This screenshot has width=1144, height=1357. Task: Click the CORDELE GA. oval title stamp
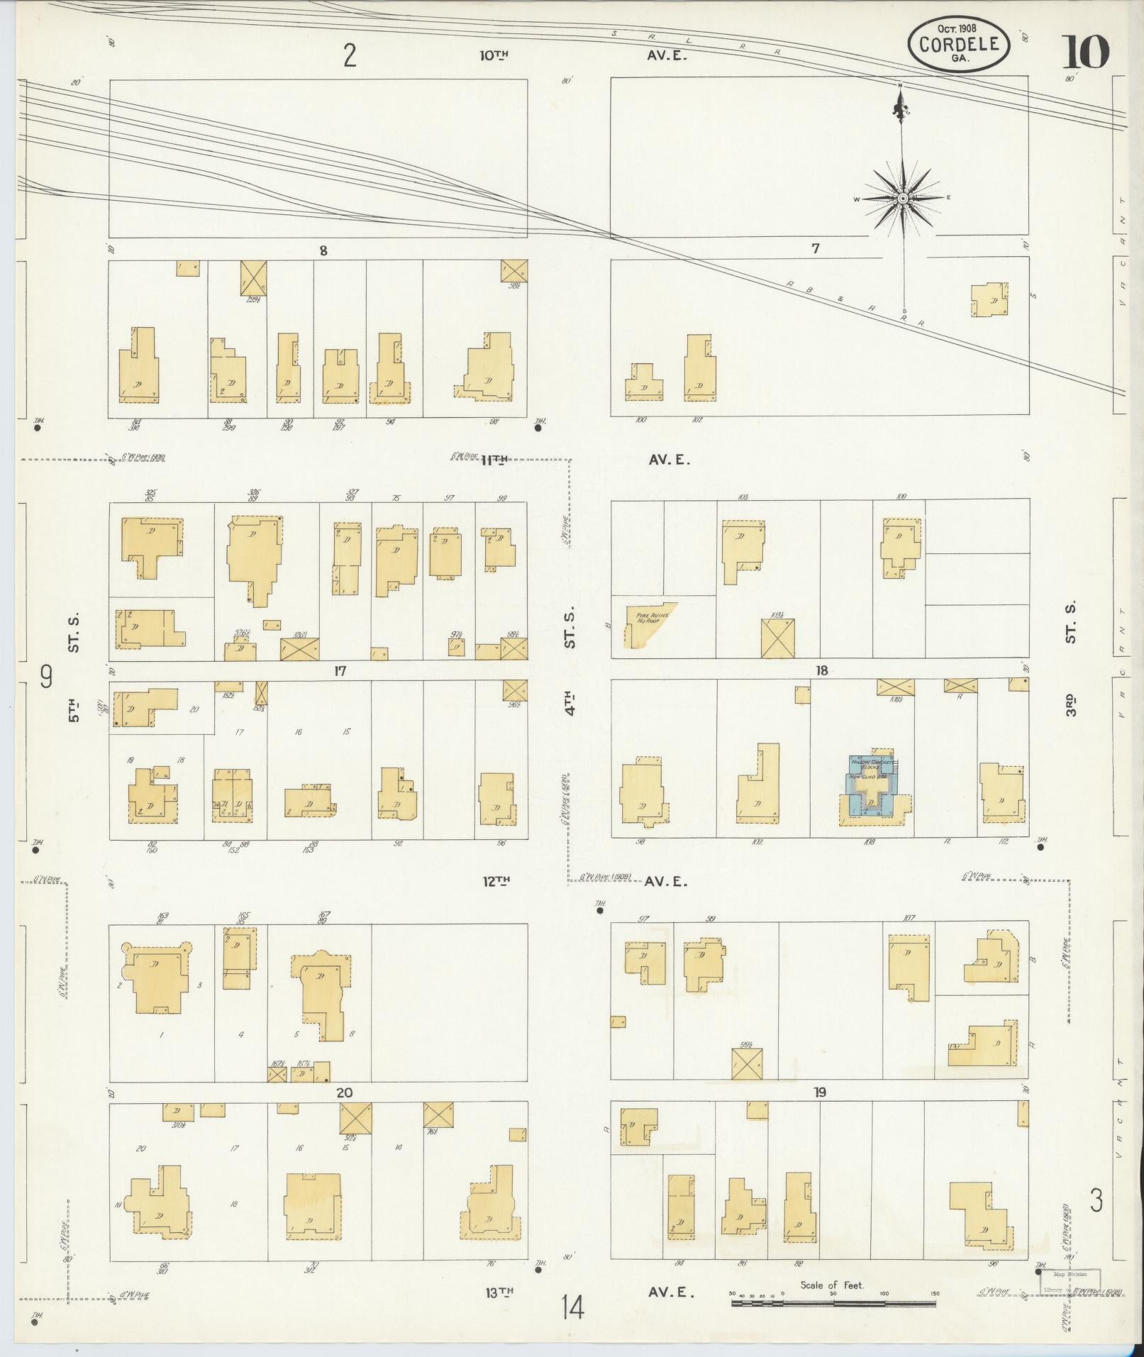pos(957,44)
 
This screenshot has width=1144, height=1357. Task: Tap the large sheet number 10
pos(1085,52)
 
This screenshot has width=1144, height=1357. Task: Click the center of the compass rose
pos(903,199)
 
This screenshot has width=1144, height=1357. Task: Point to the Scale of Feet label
pos(832,1285)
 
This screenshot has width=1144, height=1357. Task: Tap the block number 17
pos(340,670)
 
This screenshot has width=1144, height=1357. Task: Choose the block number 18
pos(821,670)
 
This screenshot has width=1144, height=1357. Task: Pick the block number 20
pos(344,1092)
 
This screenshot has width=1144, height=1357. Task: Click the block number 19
pos(820,1092)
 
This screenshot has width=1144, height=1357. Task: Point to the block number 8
pos(323,250)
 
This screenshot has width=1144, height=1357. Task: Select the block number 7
pos(816,248)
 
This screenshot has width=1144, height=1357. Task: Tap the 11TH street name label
pos(494,460)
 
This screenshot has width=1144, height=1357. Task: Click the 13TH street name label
pos(499,1292)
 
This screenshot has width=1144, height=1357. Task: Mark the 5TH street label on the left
pos(74,710)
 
